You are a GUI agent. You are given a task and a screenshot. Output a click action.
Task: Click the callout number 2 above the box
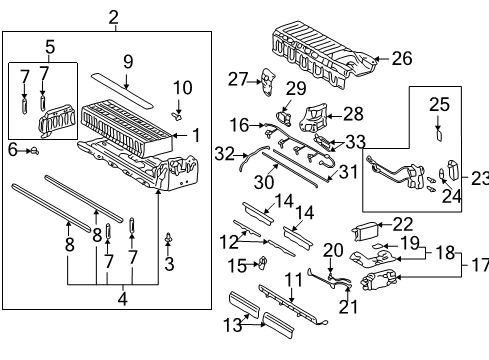click(x=113, y=16)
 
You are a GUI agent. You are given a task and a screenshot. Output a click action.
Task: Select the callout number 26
click(x=401, y=59)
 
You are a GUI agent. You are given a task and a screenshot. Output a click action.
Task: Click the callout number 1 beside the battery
click(x=196, y=135)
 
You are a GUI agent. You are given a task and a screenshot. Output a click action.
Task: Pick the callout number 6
click(x=12, y=150)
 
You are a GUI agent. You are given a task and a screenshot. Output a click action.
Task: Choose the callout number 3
click(x=169, y=265)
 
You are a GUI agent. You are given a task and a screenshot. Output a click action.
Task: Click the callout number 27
click(x=237, y=79)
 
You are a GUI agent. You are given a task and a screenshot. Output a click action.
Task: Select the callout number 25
click(x=438, y=103)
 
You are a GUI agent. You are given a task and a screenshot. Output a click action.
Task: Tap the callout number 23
click(x=479, y=179)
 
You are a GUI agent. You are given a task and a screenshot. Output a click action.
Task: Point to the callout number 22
click(x=402, y=223)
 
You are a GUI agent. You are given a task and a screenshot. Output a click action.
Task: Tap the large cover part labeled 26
click(x=320, y=50)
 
